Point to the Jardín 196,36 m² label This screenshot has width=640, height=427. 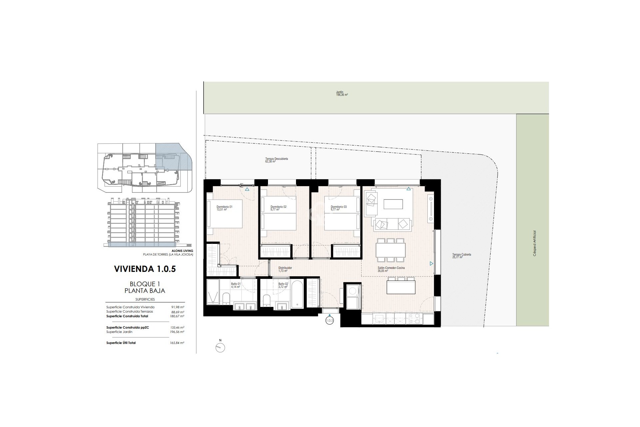[342, 93]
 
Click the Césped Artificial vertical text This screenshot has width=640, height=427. [534, 243]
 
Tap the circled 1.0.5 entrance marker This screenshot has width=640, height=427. [329, 321]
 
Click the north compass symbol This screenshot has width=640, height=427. [220, 348]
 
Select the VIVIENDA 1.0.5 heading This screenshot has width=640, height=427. [145, 269]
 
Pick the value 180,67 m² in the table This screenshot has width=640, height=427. [177, 316]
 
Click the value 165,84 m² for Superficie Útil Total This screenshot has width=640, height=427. [177, 343]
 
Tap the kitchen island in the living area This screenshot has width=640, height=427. [401, 287]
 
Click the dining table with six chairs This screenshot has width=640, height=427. [390, 250]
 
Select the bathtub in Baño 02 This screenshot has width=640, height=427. [296, 294]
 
